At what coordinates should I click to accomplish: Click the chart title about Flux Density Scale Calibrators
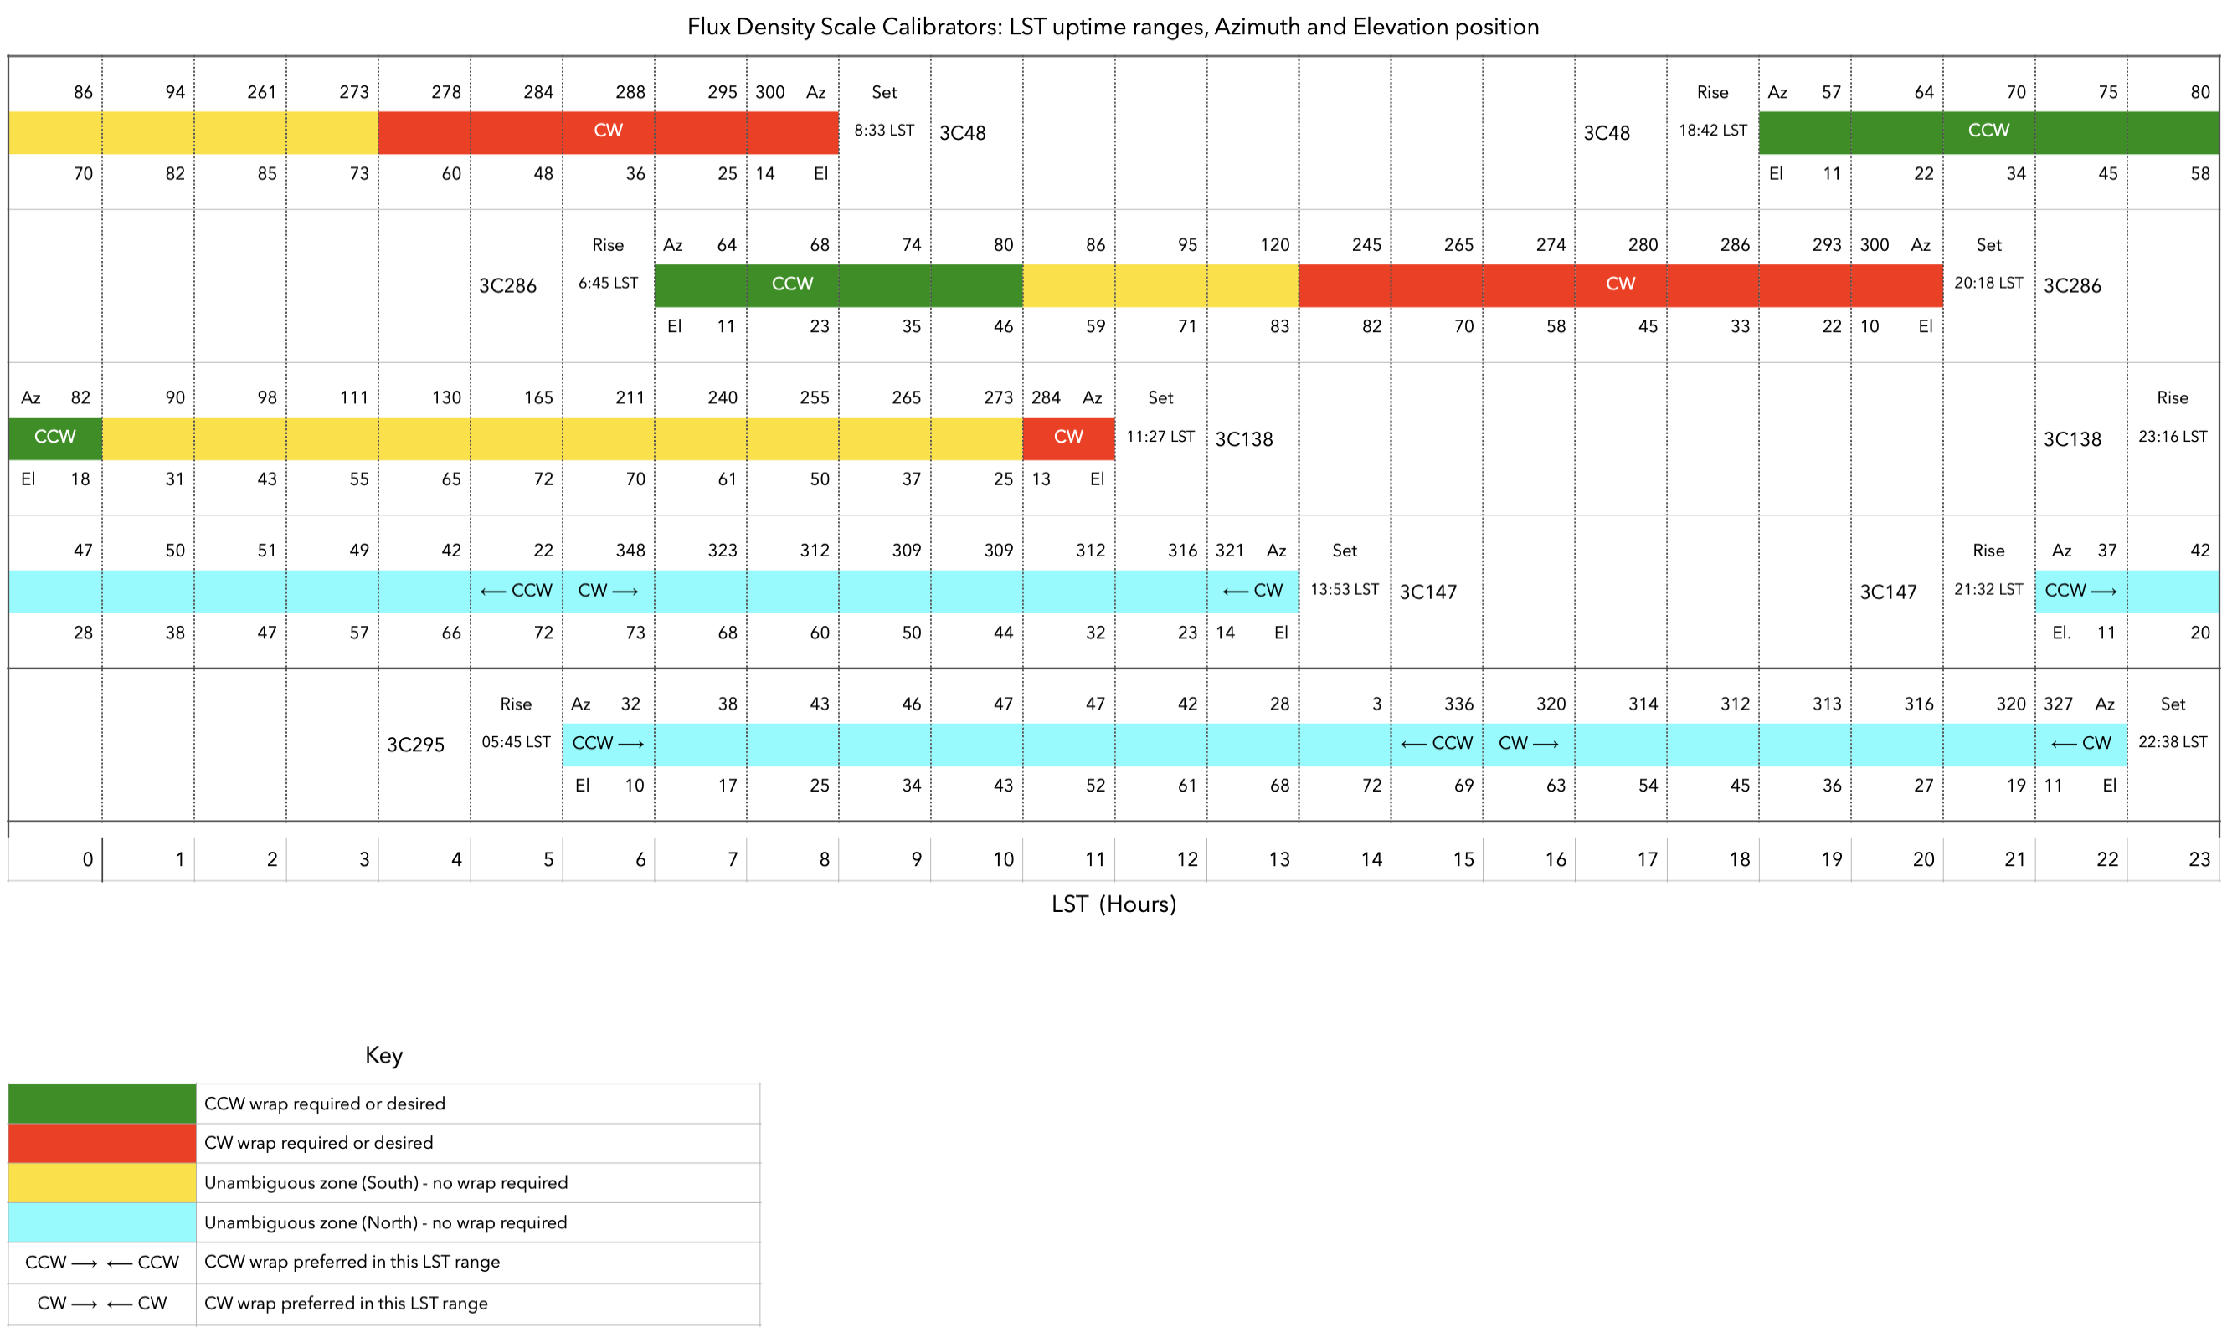[x=1113, y=27]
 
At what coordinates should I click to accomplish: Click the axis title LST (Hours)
[x=1113, y=904]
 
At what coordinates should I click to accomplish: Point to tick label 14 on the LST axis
[x=1371, y=860]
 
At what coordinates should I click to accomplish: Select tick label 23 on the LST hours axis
[x=2199, y=860]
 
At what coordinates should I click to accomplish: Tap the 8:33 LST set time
[x=883, y=131]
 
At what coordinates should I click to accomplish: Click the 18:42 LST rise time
[x=1712, y=131]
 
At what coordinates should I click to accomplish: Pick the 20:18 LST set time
[x=1988, y=283]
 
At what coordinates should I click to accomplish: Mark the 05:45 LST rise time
[x=516, y=742]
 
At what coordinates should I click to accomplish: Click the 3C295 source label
[x=416, y=745]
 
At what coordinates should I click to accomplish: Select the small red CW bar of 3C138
[x=1068, y=437]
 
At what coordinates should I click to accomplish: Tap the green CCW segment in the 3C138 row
[x=54, y=437]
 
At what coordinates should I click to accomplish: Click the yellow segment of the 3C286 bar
[x=1160, y=284]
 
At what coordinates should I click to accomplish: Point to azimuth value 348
[x=630, y=551]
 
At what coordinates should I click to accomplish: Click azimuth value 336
[x=1458, y=704]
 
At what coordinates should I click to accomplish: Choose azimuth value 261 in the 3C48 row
[x=261, y=91]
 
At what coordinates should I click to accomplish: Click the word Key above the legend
[x=383, y=1055]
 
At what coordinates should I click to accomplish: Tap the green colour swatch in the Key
[x=101, y=1103]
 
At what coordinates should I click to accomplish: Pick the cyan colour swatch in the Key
[x=101, y=1222]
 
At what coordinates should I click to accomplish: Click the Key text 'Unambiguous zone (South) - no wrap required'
[x=386, y=1182]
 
